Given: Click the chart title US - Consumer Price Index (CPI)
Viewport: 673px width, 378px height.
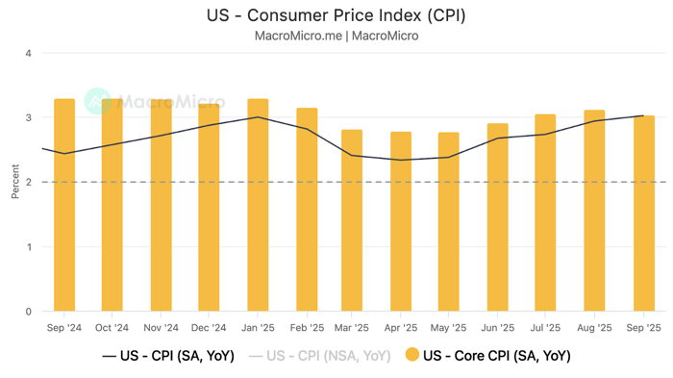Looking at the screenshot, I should pyautogui.click(x=336, y=16).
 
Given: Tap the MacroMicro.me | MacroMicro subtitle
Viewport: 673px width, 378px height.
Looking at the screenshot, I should pyautogui.click(x=336, y=37).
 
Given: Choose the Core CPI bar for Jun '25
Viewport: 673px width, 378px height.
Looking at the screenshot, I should pyautogui.click(x=498, y=217).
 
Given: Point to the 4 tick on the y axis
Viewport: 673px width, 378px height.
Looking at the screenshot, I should pyautogui.click(x=28, y=53).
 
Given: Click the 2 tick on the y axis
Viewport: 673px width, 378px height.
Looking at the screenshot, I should pyautogui.click(x=28, y=182).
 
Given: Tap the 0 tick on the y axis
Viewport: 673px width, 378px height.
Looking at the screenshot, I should pyautogui.click(x=28, y=312).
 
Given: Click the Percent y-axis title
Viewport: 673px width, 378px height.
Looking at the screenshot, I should pyautogui.click(x=14, y=182).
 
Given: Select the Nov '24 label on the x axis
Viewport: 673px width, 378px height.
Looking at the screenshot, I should pyautogui.click(x=161, y=328).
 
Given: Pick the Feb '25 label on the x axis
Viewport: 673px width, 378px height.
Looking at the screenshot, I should pyautogui.click(x=306, y=328).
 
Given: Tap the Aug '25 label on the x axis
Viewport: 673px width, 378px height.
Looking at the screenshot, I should pyautogui.click(x=595, y=328).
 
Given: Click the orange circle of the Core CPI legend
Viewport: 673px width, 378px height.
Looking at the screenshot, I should pyautogui.click(x=412, y=356).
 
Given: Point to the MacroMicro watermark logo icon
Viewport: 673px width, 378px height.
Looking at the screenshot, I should pyautogui.click(x=98, y=101).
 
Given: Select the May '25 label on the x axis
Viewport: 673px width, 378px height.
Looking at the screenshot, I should pyautogui.click(x=450, y=328).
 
